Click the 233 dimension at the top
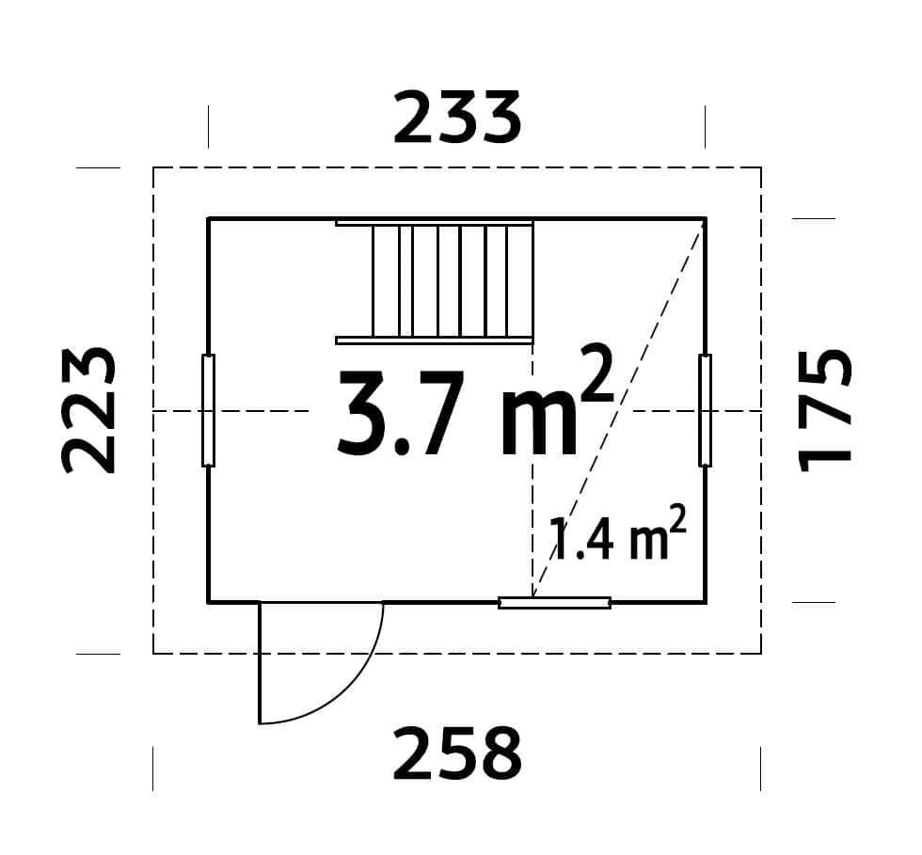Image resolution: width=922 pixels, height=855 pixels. click(456, 119)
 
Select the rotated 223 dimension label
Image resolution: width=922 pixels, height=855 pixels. click(89, 410)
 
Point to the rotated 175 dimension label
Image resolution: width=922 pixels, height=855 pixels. click(825, 410)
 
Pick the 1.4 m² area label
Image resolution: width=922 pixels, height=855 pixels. click(616, 535)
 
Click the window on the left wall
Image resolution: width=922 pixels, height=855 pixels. click(208, 410)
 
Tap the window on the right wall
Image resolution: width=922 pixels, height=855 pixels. click(705, 410)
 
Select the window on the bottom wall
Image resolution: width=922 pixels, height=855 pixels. click(554, 603)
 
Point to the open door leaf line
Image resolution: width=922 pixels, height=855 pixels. click(260, 663)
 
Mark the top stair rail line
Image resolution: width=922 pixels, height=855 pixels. click(435, 224)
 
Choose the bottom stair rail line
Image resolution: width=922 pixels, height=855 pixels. click(435, 340)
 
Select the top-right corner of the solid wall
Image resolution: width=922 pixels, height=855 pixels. click(705, 219)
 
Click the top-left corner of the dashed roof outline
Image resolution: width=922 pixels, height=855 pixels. click(154, 168)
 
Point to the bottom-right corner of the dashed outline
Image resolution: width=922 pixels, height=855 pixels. click(760, 653)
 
